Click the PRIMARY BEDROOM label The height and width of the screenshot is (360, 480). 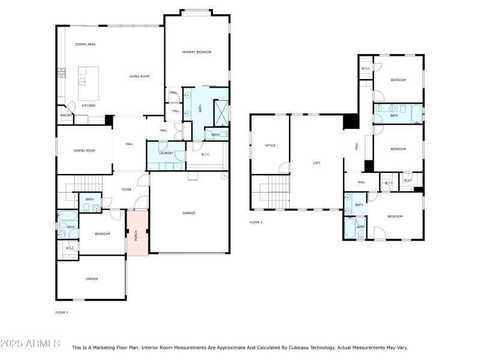(197, 53)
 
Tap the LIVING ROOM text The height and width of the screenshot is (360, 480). (139, 76)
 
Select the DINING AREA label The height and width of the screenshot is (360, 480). (85, 44)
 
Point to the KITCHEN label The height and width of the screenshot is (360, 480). (89, 106)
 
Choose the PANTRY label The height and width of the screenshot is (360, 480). (66, 115)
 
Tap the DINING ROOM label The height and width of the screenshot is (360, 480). (85, 151)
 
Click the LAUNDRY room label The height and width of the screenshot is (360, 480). (166, 153)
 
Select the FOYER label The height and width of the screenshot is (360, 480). (127, 190)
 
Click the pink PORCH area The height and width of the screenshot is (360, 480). (136, 233)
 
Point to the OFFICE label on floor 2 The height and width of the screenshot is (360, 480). (270, 145)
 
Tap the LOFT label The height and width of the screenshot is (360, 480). (317, 163)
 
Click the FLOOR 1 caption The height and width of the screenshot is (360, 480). (62, 313)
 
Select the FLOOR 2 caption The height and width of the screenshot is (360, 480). (256, 222)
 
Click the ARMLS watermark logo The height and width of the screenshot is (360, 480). (30, 344)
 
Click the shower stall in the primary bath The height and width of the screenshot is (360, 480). (221, 112)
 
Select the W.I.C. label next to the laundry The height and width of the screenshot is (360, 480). (205, 155)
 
